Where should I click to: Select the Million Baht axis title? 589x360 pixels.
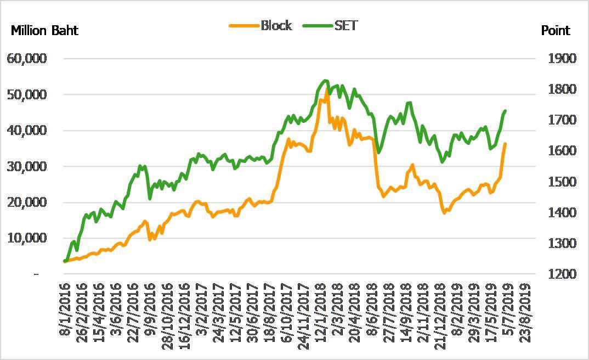pyautogui.click(x=45, y=31)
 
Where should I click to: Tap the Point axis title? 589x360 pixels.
pyautogui.click(x=556, y=31)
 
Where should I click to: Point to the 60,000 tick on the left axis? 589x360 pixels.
pyautogui.click(x=26, y=59)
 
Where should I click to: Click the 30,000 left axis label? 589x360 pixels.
pyautogui.click(x=26, y=166)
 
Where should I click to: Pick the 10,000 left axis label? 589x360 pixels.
pyautogui.click(x=26, y=238)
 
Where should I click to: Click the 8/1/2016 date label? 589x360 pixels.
pyautogui.click(x=65, y=308)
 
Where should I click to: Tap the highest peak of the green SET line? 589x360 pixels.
pyautogui.click(x=325, y=81)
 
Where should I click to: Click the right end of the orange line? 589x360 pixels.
pyautogui.click(x=505, y=144)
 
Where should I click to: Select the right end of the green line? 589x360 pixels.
pyautogui.click(x=505, y=111)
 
